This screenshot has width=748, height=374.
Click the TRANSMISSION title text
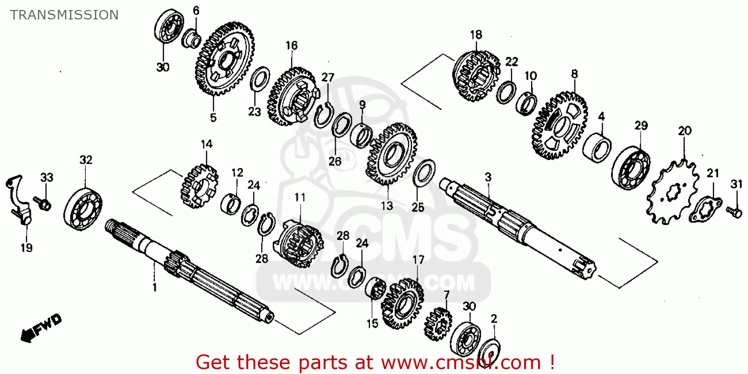[x=64, y=15]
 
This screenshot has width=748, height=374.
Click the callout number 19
[x=26, y=248]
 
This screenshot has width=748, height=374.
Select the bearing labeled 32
[x=83, y=208]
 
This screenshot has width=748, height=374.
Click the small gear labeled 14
[x=198, y=187]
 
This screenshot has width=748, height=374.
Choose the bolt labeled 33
[x=44, y=202]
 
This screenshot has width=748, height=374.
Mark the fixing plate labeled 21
[x=705, y=209]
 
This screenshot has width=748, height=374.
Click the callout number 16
[x=291, y=46]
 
